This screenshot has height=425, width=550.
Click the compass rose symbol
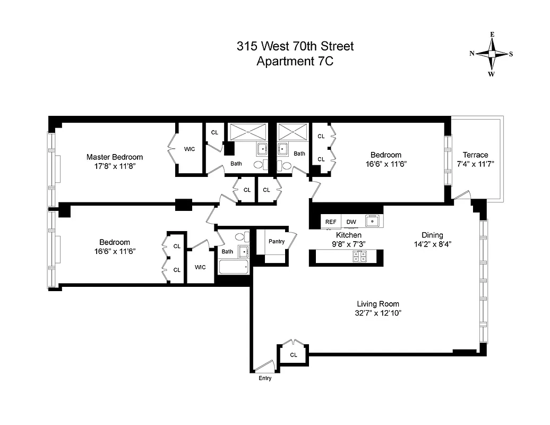[x=492, y=54]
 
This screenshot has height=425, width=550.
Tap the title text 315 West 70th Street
[x=295, y=46]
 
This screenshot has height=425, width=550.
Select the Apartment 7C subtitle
[x=295, y=61]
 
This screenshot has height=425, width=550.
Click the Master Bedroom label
[x=115, y=157]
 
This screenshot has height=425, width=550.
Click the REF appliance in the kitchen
[x=331, y=222]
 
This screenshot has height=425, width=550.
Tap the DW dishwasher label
[x=351, y=222]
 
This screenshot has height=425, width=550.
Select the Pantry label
[x=276, y=241]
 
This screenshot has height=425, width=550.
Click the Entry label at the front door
[x=265, y=378]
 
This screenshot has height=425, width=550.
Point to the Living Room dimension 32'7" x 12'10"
[x=378, y=313]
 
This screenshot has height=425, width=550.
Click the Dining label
[x=432, y=235]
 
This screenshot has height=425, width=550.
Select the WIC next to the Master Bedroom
[x=190, y=149]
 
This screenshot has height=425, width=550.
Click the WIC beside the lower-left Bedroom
[x=200, y=267]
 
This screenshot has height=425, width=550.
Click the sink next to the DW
[x=374, y=221]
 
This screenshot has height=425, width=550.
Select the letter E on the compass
[x=492, y=35]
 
